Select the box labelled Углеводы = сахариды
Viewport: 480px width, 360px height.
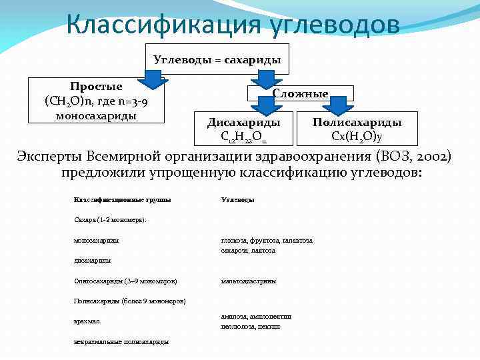217,60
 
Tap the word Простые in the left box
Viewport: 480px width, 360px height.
97,87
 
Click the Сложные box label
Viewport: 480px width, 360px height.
301,94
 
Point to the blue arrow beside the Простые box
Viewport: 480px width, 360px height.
154,79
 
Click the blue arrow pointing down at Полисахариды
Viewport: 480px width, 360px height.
339,105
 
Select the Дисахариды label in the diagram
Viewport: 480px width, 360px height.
244,123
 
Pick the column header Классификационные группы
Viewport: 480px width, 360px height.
122,199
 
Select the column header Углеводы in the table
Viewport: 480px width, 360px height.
237,199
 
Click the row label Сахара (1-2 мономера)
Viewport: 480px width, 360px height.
110,220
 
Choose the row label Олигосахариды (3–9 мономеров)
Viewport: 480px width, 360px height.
125,281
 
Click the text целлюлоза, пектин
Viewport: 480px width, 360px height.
251,327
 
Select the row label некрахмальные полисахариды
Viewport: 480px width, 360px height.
121,341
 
